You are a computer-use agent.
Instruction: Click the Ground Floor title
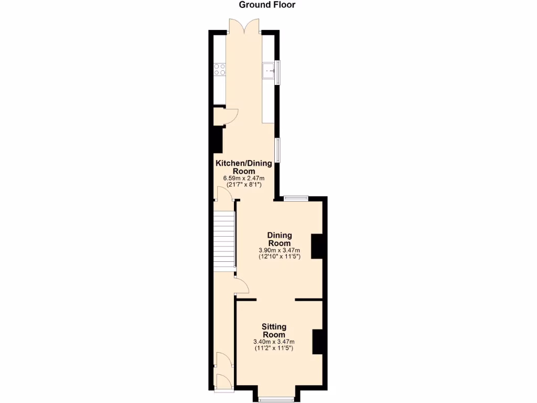(267, 5)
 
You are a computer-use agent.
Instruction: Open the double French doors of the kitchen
(244, 26)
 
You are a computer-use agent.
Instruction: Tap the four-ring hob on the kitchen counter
(219, 70)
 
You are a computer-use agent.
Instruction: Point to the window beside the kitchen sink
(278, 72)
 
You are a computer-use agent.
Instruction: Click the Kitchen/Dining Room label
(244, 167)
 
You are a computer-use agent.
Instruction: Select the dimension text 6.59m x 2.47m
(244, 178)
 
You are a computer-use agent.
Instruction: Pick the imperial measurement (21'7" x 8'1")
(244, 185)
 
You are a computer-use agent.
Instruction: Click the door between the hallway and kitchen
(224, 195)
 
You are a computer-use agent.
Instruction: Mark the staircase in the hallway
(224, 241)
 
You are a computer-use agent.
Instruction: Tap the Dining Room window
(297, 198)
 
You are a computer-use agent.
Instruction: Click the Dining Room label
(280, 239)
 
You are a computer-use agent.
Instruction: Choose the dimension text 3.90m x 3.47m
(280, 250)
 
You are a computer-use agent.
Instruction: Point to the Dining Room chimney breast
(317, 246)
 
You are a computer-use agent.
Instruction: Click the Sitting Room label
(274, 331)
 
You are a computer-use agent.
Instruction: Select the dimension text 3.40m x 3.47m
(274, 342)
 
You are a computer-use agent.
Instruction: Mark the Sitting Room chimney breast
(317, 342)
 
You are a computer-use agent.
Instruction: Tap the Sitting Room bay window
(276, 399)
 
